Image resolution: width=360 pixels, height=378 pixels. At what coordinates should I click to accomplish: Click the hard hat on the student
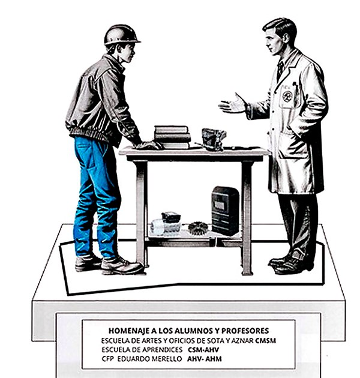(121, 35)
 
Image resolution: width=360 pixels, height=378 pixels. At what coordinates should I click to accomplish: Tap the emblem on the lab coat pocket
(287, 96)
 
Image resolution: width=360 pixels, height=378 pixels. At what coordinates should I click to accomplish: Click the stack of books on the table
(172, 137)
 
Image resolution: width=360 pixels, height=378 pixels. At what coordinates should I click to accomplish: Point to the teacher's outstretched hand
(233, 104)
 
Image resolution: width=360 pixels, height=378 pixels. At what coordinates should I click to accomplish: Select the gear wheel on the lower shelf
(198, 228)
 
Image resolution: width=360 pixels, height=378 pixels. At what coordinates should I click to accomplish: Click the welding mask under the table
(225, 211)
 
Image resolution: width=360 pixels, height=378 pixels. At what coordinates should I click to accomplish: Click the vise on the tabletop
(214, 139)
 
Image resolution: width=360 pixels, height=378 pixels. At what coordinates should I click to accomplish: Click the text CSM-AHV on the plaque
(203, 350)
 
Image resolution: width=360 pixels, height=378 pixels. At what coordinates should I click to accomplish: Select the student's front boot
(122, 265)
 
